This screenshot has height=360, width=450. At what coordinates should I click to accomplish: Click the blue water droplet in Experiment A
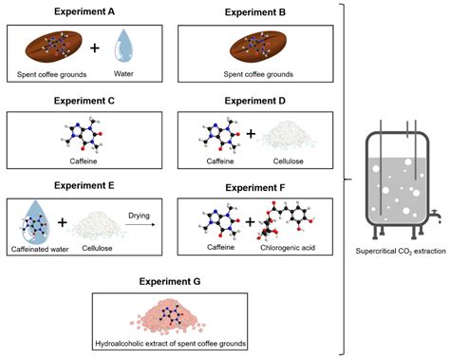pos(126,49)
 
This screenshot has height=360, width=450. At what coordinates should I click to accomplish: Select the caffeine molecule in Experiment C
pos(89,134)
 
